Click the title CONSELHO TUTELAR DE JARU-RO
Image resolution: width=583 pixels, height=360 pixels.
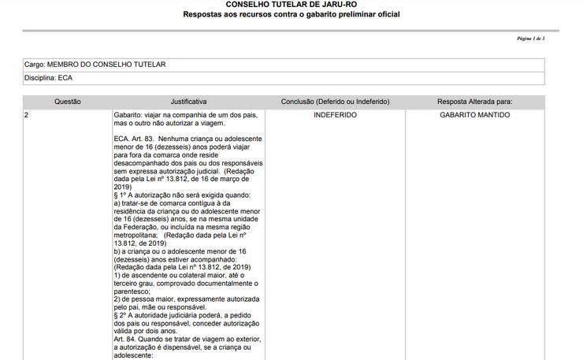tap(291, 5)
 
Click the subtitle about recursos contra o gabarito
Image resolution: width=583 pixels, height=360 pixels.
tap(291, 15)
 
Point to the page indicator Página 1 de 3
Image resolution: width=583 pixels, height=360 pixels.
tap(530, 39)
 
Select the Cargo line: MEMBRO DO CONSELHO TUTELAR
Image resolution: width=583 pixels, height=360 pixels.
tap(95, 64)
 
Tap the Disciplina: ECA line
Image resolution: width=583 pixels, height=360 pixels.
tap(48, 78)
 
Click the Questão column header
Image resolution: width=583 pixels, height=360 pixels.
tap(68, 102)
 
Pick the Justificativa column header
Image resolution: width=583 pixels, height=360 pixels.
tap(188, 102)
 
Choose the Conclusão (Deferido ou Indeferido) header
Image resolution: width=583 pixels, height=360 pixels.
tap(335, 102)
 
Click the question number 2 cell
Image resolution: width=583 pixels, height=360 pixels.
tap(28, 115)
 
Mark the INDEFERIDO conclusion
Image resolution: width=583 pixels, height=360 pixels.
tap(335, 115)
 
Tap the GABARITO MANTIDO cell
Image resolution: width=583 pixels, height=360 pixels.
tap(475, 115)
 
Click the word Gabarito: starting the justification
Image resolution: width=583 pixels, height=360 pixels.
tap(129, 115)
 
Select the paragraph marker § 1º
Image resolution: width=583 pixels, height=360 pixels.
tap(121, 194)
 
